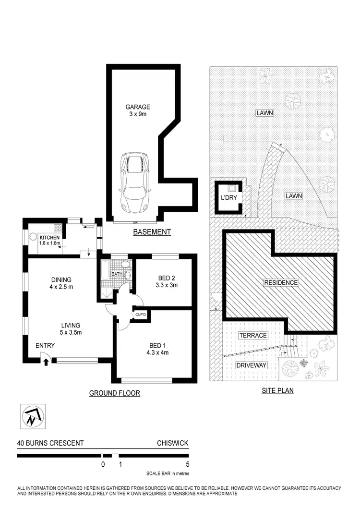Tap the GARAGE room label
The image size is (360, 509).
pos(138,107)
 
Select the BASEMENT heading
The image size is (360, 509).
pos(152,232)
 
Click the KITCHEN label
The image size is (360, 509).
pos(49,238)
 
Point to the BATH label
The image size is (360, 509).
pos(117,275)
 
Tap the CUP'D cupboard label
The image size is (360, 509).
pos(140,314)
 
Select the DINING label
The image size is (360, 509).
pos(61,280)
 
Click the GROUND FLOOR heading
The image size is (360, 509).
pos(115,393)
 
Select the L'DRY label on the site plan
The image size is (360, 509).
pos(229,197)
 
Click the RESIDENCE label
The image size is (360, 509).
pos(281,282)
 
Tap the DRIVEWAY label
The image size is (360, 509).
pos(251,365)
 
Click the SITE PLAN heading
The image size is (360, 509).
pos(277,391)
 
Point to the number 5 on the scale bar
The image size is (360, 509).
pos(188,464)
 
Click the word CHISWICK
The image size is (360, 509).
pos(172,443)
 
